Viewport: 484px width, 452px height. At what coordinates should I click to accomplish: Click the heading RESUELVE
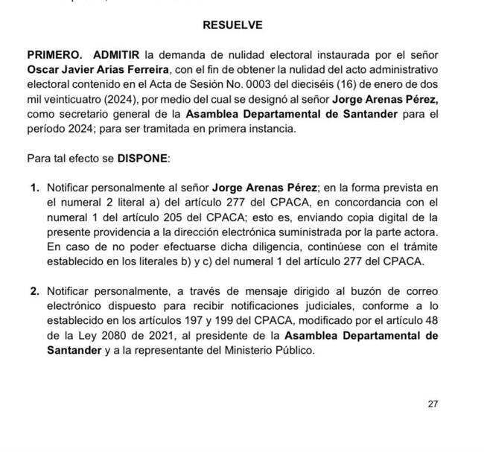(x=232, y=25)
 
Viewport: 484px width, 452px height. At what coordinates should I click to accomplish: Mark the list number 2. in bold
(x=34, y=291)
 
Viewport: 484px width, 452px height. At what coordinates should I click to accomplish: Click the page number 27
(x=433, y=404)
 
